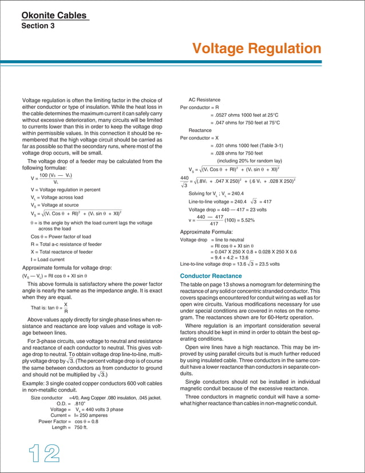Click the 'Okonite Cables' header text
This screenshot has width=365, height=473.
point(55,15)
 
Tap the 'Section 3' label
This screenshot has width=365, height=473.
point(38,26)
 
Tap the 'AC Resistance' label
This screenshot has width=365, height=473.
point(204,100)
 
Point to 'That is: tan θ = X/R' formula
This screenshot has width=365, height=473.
point(51,308)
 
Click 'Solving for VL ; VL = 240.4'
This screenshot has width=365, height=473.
point(220,194)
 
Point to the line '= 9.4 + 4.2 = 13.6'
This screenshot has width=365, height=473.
point(236,258)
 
